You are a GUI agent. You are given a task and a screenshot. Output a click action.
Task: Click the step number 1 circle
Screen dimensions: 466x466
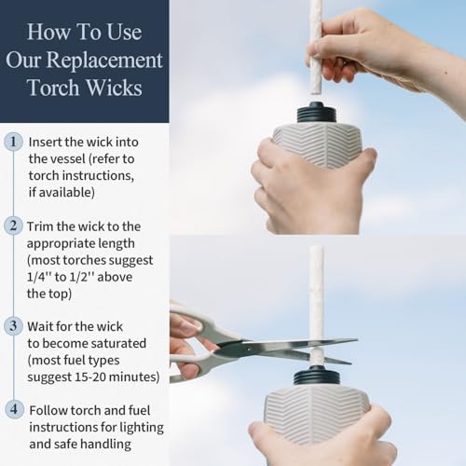(13, 142)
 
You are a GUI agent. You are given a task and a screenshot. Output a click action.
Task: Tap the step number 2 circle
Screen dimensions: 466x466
(13, 226)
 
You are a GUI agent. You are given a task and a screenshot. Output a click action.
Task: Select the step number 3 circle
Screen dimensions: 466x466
(13, 326)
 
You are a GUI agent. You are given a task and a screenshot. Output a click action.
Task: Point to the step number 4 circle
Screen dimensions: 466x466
(14, 409)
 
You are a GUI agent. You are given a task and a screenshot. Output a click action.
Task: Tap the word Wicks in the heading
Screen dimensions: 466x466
(114, 88)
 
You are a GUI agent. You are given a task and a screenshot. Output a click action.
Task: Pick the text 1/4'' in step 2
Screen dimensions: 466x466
(39, 277)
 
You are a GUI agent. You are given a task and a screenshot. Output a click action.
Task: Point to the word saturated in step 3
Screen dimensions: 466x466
(118, 343)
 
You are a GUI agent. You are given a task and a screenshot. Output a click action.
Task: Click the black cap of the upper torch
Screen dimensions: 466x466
(317, 113)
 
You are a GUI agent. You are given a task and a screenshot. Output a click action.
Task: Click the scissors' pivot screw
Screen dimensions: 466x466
(249, 349)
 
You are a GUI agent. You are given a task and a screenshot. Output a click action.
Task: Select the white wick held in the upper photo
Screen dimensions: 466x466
(316, 47)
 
